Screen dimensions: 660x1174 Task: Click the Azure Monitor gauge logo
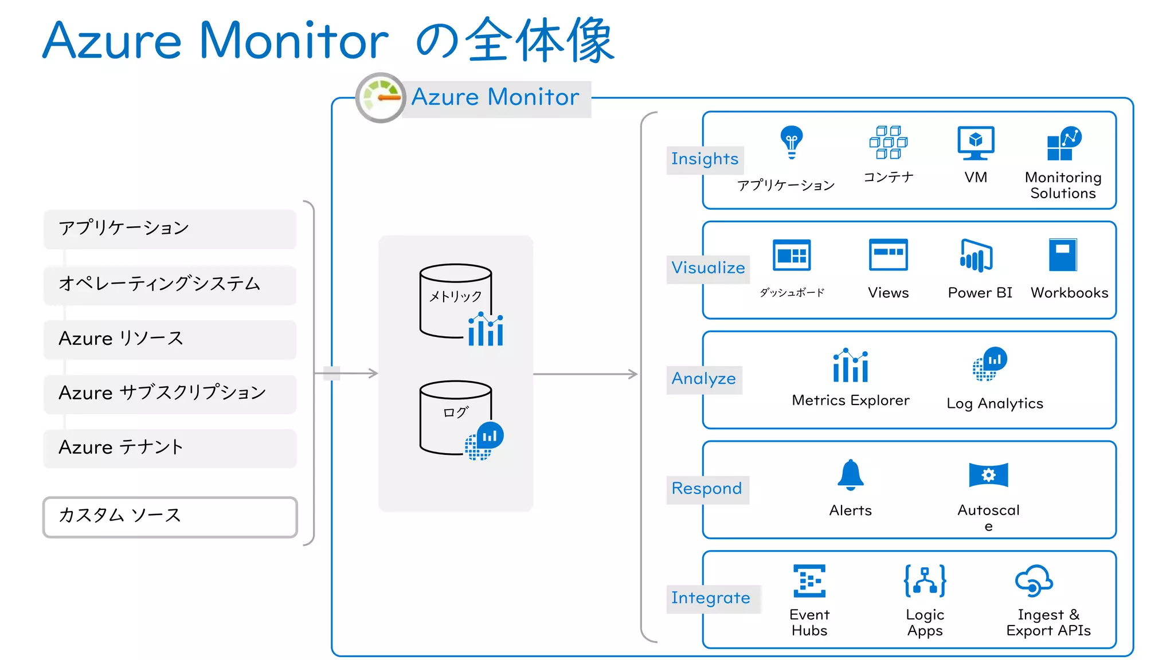[381, 97]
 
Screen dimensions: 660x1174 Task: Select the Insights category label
[705, 159]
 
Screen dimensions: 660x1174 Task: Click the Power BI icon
[976, 256]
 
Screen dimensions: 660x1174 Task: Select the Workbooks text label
[1069, 293]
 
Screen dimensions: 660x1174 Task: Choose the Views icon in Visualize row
[888, 254]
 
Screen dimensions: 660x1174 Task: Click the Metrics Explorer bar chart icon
[851, 366]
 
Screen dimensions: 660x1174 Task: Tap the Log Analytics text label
[995, 403]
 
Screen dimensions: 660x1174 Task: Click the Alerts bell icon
[850, 475]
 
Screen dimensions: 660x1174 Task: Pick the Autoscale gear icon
[988, 475]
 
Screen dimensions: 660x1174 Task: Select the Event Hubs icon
[809, 581]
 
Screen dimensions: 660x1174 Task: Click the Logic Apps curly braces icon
[925, 581]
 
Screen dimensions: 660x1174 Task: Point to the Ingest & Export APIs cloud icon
[1034, 581]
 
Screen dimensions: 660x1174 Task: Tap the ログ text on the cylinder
[455, 412]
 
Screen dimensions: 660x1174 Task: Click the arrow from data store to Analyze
[585, 374]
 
